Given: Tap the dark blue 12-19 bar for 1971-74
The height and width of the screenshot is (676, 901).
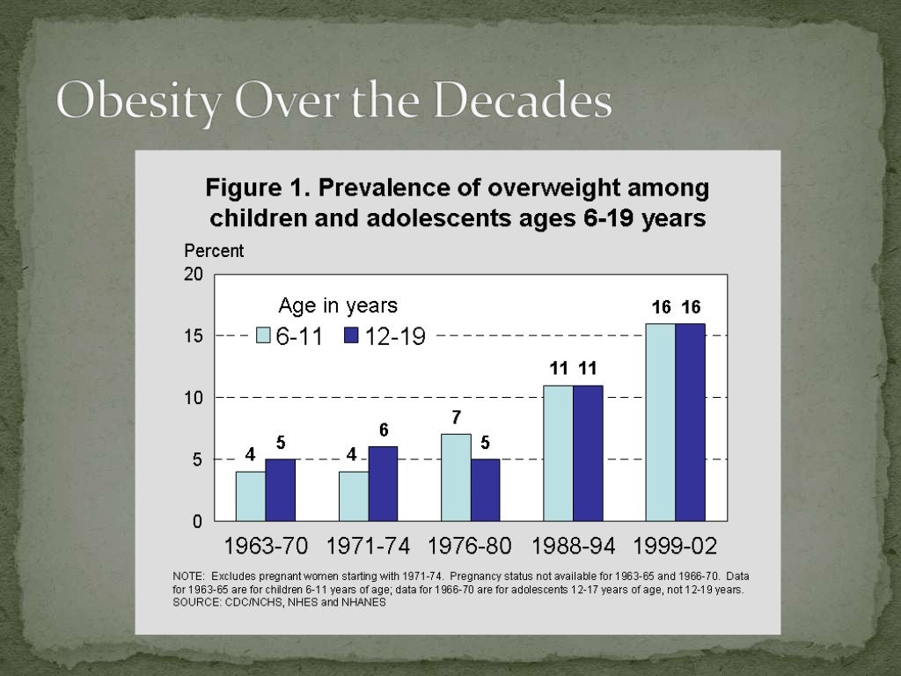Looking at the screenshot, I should click(383, 483).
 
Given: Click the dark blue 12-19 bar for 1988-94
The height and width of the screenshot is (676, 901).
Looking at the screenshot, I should click(588, 452).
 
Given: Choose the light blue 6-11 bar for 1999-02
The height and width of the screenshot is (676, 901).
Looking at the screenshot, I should click(661, 422).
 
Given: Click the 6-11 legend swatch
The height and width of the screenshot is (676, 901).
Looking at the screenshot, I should click(263, 335).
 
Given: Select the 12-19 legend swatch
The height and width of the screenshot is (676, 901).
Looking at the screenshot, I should click(351, 335).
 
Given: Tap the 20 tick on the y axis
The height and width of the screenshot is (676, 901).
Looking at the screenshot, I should click(193, 275).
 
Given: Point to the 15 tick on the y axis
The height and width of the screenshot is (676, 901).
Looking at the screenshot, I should click(193, 336).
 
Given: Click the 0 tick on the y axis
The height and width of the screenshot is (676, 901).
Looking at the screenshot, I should click(197, 521).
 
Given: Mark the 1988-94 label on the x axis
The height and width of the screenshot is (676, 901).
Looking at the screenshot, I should click(574, 546).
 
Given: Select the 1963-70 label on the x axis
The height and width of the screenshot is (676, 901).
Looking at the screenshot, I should click(266, 546).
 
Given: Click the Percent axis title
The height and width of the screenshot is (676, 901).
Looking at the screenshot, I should click(214, 251).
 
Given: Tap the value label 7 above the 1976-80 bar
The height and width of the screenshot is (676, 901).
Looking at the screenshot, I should click(456, 417).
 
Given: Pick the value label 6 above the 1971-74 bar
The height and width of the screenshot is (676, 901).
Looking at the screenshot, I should click(384, 430).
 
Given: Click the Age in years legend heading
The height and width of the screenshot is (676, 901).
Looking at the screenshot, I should click(338, 305).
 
